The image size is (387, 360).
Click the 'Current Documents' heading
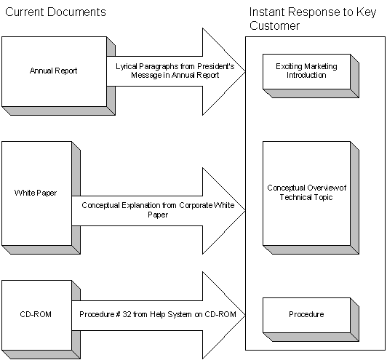(55, 12)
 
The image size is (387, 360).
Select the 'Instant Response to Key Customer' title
(313, 19)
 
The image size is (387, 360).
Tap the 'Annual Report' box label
(53, 71)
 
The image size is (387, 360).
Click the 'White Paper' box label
(36, 193)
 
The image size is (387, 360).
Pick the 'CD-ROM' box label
(36, 314)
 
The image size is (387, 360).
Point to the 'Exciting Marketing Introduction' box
(311, 76)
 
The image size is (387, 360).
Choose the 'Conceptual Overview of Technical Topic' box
(311, 198)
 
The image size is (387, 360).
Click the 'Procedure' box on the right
(311, 319)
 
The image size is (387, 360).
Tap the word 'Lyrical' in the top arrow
(127, 67)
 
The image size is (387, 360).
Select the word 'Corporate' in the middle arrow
(196, 205)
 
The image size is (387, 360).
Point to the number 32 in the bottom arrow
(127, 314)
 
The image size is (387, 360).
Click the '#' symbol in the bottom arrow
(118, 314)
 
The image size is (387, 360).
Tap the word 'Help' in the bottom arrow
(157, 314)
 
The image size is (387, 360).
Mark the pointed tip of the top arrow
(245, 71)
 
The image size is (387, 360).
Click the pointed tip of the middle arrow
(245, 211)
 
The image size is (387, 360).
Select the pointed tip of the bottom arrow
(245, 315)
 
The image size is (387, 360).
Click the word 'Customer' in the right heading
(274, 25)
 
